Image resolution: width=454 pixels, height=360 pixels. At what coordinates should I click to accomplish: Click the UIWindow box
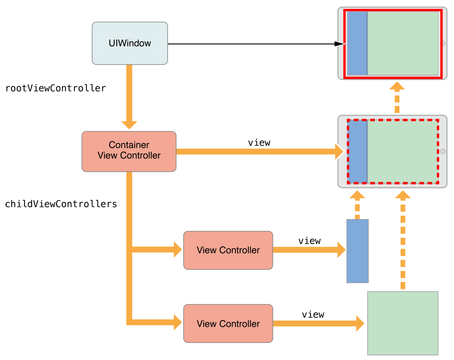[x=130, y=43]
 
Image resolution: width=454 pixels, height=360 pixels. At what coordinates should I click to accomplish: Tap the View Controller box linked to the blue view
[x=228, y=250]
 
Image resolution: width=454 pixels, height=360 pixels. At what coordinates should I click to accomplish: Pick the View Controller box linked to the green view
[x=228, y=323]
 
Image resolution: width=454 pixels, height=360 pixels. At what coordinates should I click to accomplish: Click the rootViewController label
[x=55, y=88]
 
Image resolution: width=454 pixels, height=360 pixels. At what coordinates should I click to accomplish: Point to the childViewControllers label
[x=61, y=204]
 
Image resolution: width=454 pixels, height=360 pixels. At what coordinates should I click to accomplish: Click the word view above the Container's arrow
[x=259, y=143]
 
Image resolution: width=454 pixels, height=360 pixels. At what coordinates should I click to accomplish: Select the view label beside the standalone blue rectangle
[x=309, y=241]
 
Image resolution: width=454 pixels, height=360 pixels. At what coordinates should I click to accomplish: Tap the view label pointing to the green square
[x=313, y=314]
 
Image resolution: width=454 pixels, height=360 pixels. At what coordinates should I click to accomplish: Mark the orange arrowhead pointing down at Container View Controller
[x=129, y=124]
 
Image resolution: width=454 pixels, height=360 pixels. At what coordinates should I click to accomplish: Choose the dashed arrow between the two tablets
[x=397, y=98]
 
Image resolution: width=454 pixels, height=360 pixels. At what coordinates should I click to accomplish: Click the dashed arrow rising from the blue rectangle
[x=357, y=205]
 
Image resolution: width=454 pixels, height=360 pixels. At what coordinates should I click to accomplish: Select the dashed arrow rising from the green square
[x=403, y=242]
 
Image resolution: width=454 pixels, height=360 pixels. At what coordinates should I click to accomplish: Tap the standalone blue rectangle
[x=357, y=251]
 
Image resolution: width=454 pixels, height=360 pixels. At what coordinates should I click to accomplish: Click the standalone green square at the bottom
[x=403, y=323]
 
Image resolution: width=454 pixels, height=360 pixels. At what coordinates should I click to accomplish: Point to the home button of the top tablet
[x=443, y=43]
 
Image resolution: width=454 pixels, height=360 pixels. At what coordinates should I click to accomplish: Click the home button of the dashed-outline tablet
[x=443, y=151]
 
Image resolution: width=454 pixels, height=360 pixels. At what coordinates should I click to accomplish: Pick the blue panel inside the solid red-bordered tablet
[x=357, y=43]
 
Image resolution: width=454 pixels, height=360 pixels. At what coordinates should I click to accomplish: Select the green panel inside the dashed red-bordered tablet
[x=402, y=151]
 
